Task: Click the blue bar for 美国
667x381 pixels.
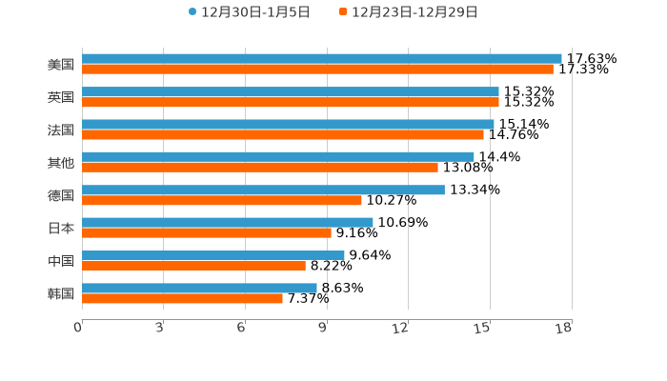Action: [321, 59]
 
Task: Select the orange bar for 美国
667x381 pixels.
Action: [317, 70]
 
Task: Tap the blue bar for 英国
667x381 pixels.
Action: [290, 91]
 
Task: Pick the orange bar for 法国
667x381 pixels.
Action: [283, 134]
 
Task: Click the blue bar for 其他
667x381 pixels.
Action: [277, 156]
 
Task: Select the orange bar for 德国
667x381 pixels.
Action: [222, 200]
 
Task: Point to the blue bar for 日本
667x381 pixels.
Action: [227, 222]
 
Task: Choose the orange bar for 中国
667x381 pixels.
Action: [193, 266]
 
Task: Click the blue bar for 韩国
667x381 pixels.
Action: [199, 288]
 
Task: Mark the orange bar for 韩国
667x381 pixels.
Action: [182, 298]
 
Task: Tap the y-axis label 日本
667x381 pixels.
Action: [61, 228]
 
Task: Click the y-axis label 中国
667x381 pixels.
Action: [61, 261]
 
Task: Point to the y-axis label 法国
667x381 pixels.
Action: [61, 130]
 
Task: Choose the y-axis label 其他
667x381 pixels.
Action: [61, 162]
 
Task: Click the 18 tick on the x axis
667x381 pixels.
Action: [564, 329]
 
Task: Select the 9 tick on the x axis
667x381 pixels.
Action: [324, 329]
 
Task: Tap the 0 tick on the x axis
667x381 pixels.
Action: [79, 329]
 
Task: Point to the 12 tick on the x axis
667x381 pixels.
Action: [401, 329]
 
